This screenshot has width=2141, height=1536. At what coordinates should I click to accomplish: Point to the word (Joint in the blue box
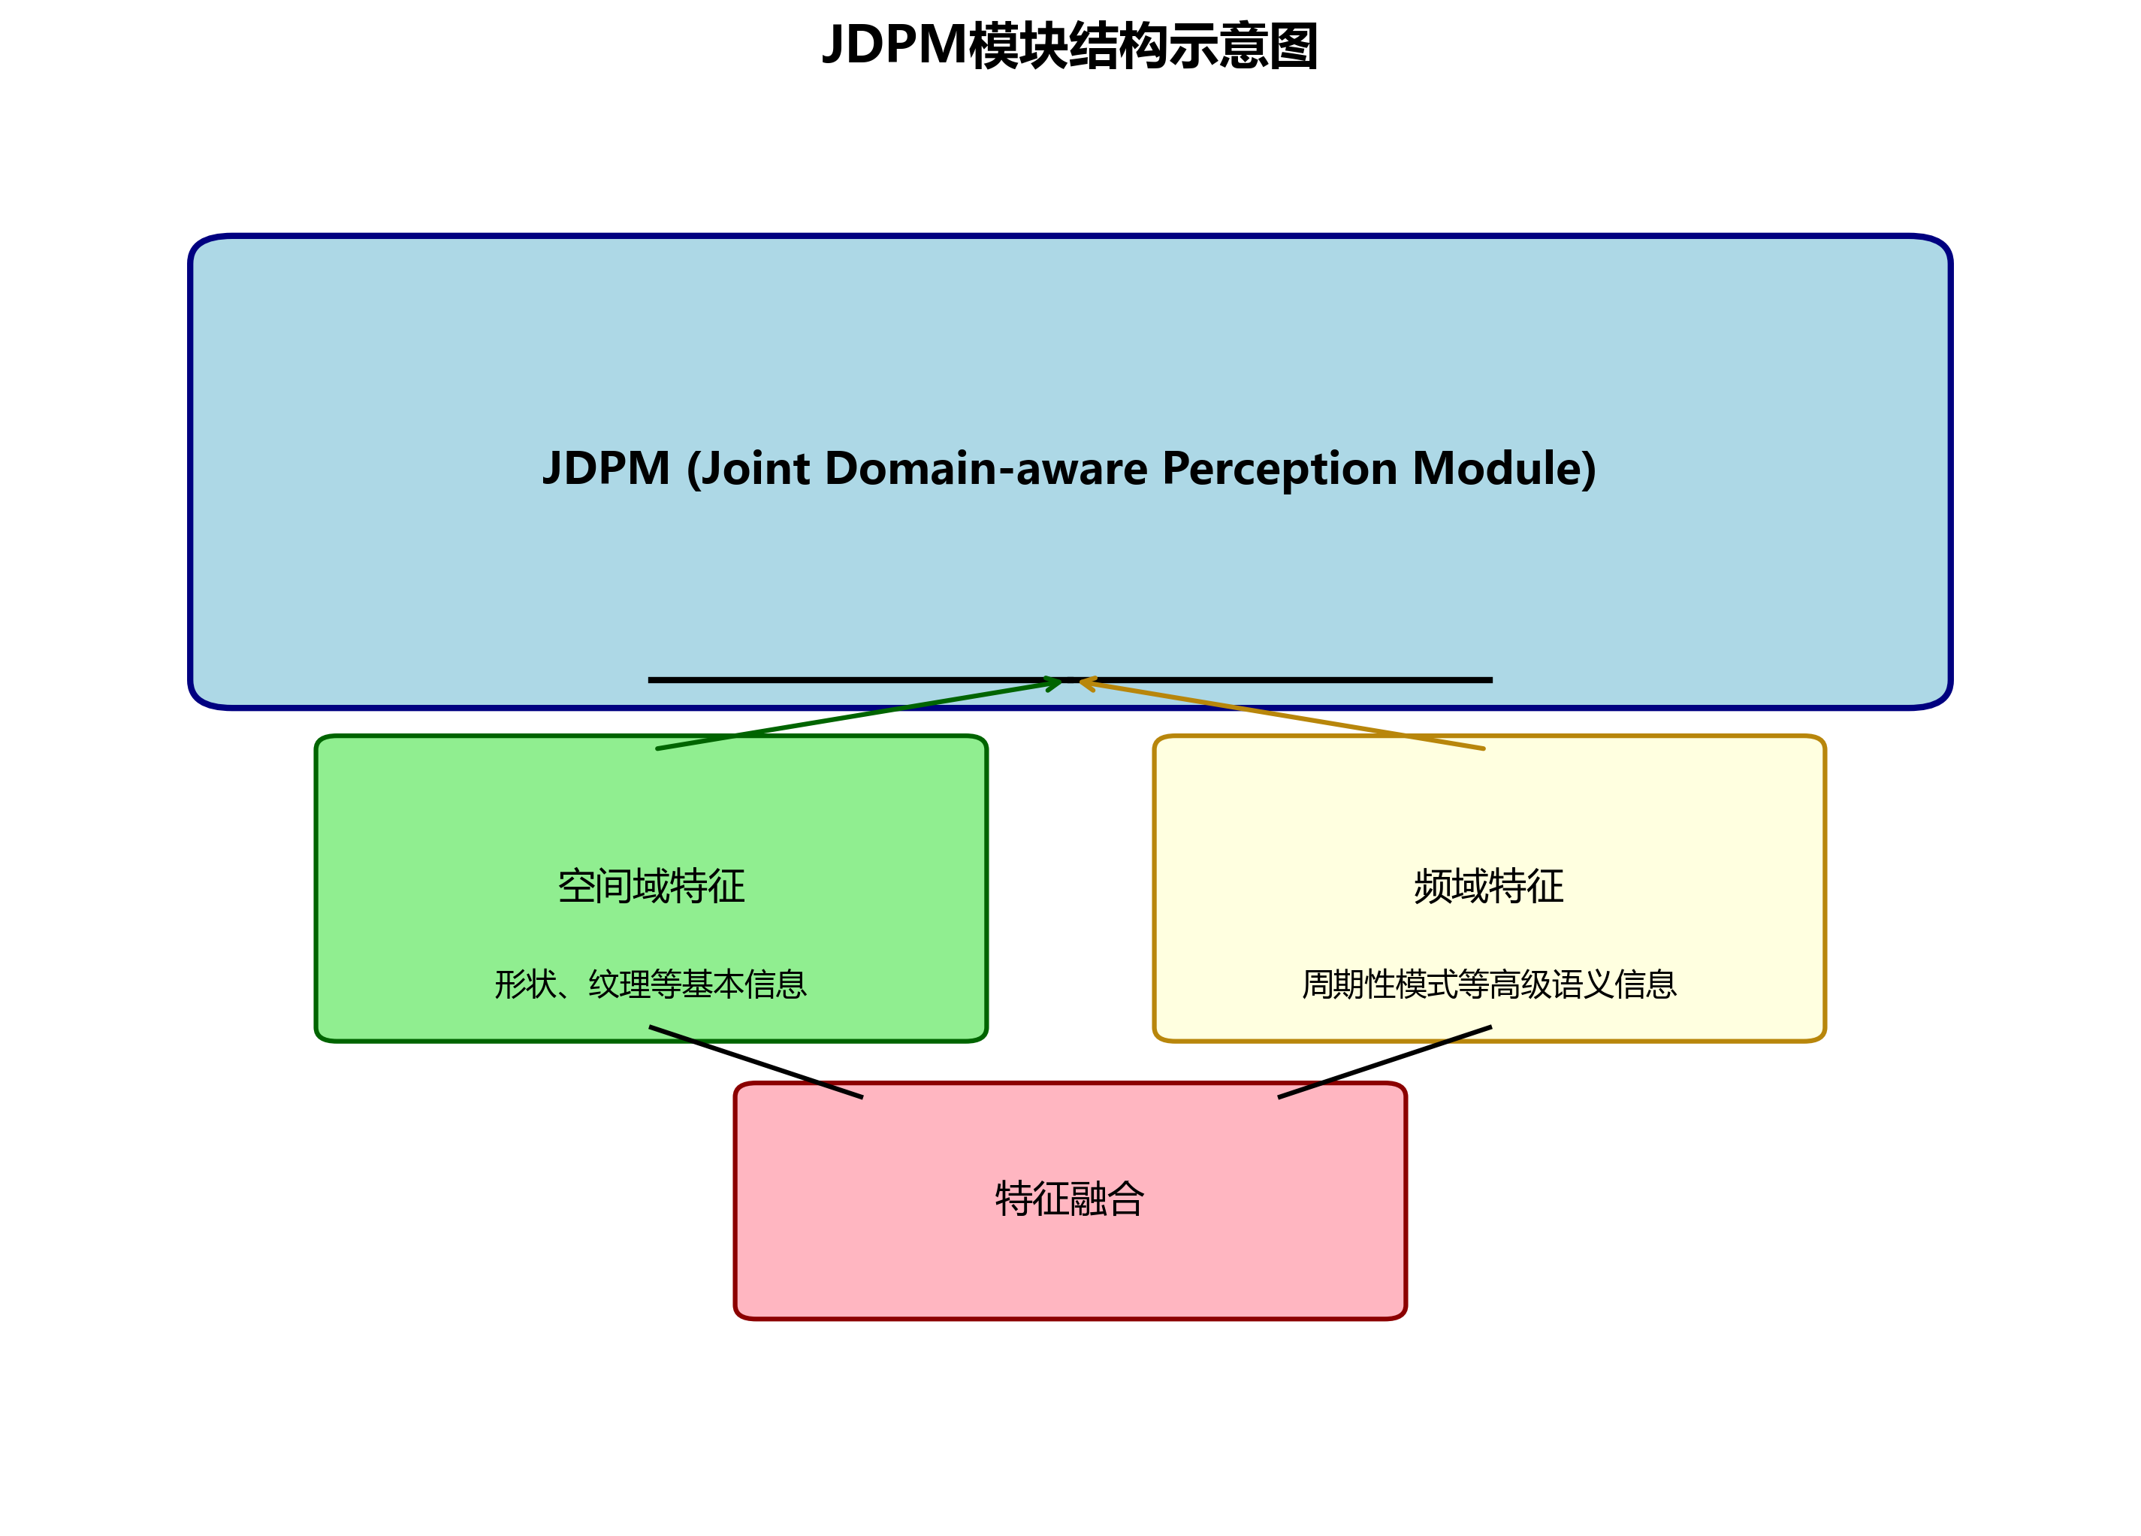[x=747, y=468]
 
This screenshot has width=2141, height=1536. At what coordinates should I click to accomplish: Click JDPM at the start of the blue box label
[x=606, y=468]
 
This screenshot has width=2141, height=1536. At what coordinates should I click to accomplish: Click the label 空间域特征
[x=651, y=885]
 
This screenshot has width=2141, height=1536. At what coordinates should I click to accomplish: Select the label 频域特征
[x=1489, y=885]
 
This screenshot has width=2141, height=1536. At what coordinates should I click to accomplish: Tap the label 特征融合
[x=1070, y=1199]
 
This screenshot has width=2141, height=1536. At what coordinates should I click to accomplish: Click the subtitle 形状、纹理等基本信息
[x=651, y=984]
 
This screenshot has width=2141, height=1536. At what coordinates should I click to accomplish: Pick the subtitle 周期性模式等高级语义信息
[x=1489, y=984]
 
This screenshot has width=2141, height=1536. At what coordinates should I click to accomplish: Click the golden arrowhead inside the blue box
[x=1089, y=682]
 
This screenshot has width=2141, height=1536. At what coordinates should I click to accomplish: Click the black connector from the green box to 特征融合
[x=755, y=1062]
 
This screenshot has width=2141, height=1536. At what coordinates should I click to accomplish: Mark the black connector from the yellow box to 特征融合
[x=1385, y=1062]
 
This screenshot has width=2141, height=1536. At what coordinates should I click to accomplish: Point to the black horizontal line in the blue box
[x=802, y=680]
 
